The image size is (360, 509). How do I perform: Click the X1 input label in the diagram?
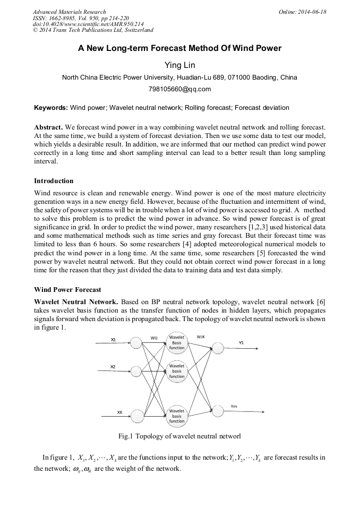113,339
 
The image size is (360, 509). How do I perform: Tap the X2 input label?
113,367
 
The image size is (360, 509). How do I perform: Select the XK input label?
119,412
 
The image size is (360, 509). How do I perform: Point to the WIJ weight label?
154,337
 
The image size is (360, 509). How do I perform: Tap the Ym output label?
234,407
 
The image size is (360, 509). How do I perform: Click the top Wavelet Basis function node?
177,342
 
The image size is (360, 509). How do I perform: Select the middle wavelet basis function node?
177,371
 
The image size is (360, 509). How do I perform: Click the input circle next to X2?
136,372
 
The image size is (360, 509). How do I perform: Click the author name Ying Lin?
179,65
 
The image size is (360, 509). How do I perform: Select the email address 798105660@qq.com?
179,89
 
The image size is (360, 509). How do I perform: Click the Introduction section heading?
54,181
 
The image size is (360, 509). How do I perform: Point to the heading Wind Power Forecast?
67,290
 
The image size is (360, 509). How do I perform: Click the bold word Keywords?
51,108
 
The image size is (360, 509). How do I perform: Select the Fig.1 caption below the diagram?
179,436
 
